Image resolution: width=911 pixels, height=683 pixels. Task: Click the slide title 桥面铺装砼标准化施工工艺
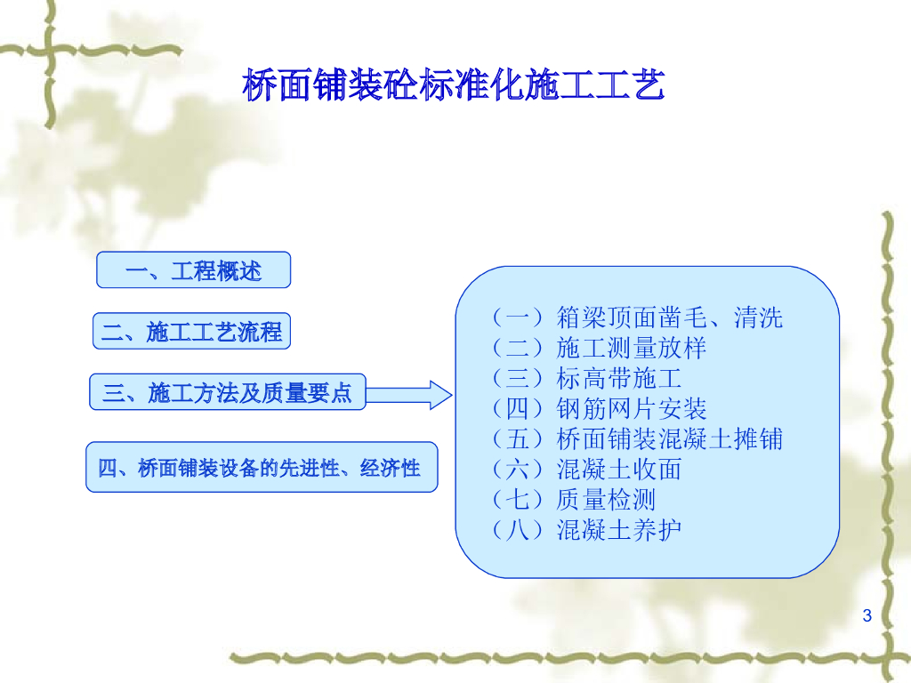tap(453, 84)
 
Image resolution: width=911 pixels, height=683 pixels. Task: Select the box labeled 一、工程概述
tap(193, 269)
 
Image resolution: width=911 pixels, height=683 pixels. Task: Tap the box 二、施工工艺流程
tap(192, 331)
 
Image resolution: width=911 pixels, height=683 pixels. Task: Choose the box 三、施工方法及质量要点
tap(228, 392)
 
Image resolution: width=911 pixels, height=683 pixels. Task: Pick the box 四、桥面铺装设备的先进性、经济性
tap(262, 467)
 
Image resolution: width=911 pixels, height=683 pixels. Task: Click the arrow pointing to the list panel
tap(409, 395)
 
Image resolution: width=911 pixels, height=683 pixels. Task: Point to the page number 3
tap(867, 615)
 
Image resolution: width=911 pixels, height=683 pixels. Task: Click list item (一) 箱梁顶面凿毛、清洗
tap(638, 317)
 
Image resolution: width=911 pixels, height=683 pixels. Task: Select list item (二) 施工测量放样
tap(600, 348)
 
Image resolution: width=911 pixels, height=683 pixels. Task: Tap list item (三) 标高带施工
tap(587, 378)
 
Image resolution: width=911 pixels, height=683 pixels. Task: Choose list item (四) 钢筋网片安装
tap(600, 408)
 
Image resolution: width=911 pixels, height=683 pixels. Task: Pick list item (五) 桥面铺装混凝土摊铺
tap(638, 438)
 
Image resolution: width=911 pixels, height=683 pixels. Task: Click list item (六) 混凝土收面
tap(587, 469)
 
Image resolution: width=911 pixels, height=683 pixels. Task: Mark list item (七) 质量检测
tap(574, 499)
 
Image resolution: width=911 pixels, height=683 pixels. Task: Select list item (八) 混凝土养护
tap(587, 529)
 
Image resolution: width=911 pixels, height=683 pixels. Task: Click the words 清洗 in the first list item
tap(758, 317)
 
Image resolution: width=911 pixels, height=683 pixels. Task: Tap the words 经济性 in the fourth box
tap(390, 468)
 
